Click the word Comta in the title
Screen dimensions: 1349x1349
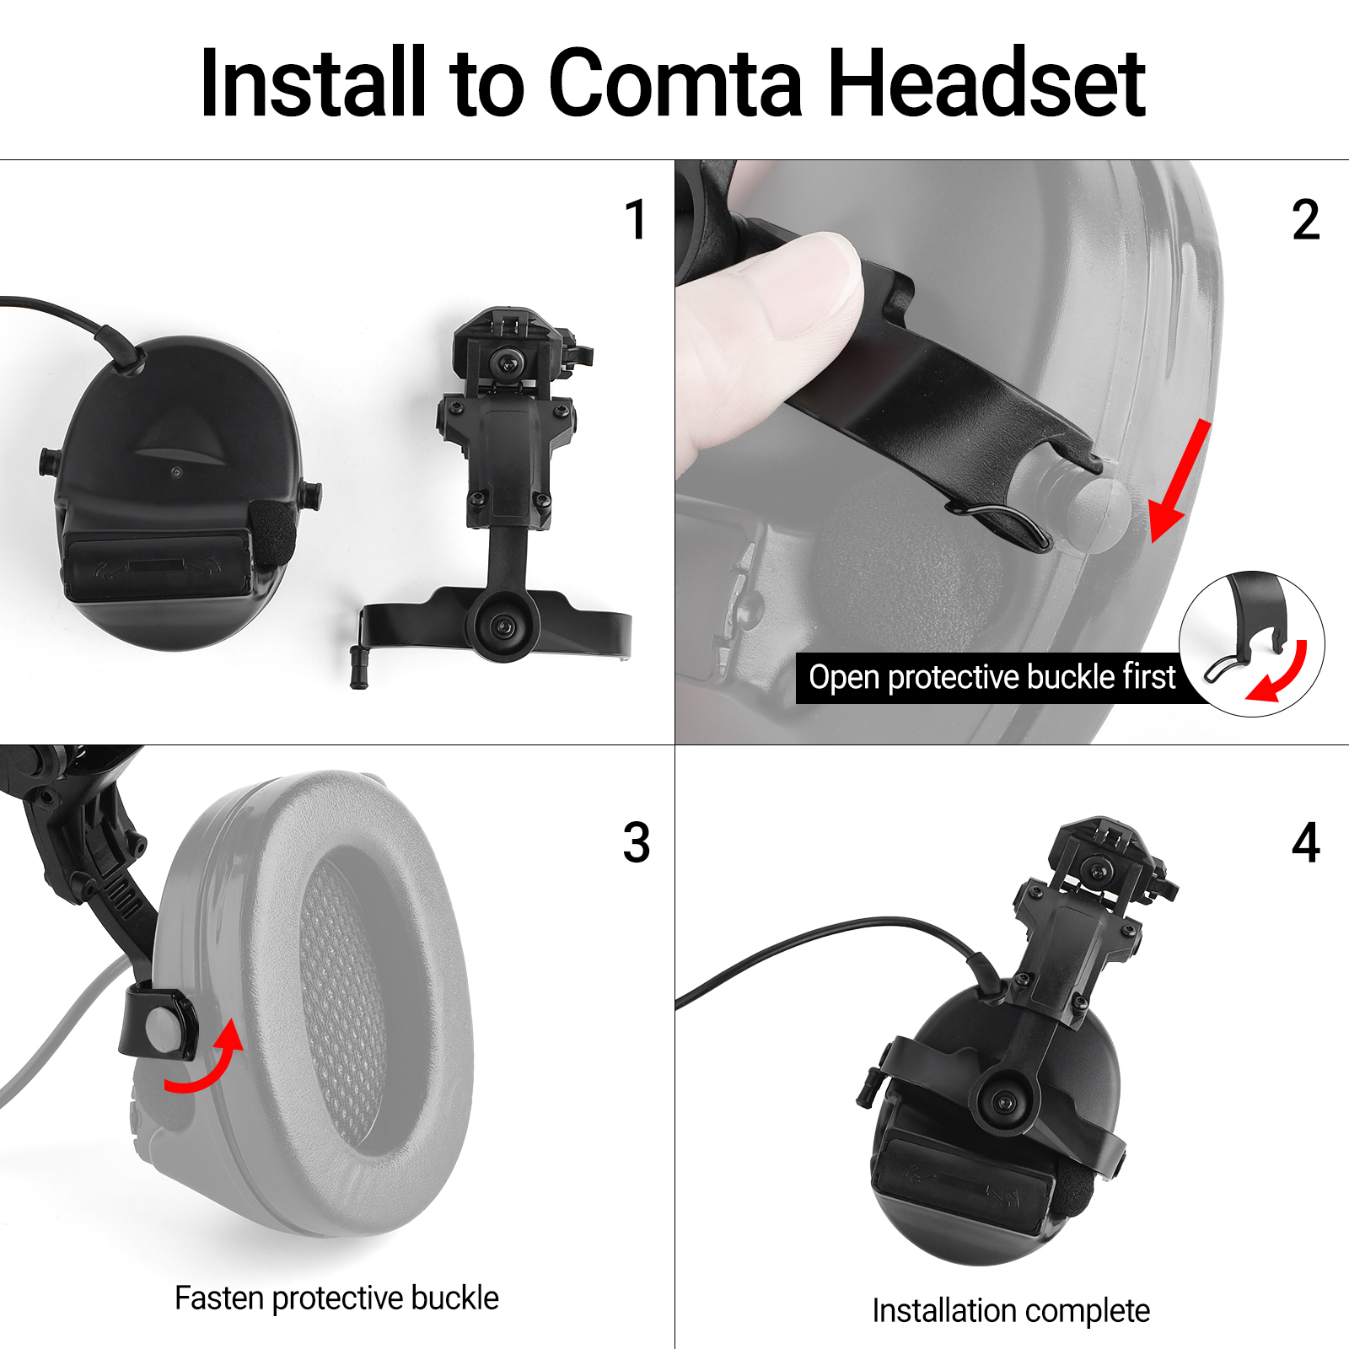coord(675,83)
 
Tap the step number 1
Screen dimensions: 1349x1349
coord(636,220)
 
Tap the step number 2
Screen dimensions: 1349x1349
coord(1306,220)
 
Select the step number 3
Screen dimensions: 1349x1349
coord(637,842)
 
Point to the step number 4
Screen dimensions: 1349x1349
coord(1306,842)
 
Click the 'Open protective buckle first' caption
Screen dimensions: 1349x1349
coord(992,677)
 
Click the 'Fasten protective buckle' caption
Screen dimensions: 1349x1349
coord(336,1298)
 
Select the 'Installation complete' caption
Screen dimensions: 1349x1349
coord(1011,1311)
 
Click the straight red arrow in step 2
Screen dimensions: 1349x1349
coord(1180,481)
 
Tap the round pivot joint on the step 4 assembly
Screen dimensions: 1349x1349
coord(1003,1102)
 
